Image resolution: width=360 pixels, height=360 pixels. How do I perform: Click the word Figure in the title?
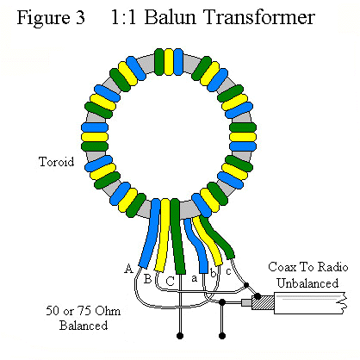click(43, 18)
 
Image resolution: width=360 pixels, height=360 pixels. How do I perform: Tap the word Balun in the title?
click(170, 17)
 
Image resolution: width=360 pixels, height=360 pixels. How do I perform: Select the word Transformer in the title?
click(259, 17)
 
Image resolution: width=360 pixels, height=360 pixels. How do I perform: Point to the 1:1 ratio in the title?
click(123, 17)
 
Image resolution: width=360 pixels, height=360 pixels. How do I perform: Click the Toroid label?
click(56, 162)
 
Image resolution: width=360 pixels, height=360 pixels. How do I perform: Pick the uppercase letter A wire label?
click(129, 269)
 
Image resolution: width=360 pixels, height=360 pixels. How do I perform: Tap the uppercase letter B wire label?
click(147, 279)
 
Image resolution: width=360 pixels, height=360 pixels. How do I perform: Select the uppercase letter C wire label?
click(171, 281)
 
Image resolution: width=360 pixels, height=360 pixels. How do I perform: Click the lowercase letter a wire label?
click(195, 278)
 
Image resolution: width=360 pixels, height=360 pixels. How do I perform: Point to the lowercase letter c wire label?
click(228, 271)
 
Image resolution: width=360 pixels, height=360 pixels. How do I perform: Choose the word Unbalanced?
click(307, 283)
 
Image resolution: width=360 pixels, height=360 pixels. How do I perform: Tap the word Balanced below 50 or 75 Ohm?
click(84, 326)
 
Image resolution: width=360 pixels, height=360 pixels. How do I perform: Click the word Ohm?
click(108, 311)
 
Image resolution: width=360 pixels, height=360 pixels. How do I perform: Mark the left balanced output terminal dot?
click(180, 336)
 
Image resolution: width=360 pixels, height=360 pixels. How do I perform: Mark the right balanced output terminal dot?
click(222, 336)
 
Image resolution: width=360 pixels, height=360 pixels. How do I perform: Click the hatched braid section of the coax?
click(263, 303)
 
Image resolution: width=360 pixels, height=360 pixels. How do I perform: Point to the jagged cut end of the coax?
click(344, 303)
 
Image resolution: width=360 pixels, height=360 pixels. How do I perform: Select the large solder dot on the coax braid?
click(258, 296)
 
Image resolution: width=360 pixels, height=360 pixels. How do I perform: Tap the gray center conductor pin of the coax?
click(246, 302)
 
